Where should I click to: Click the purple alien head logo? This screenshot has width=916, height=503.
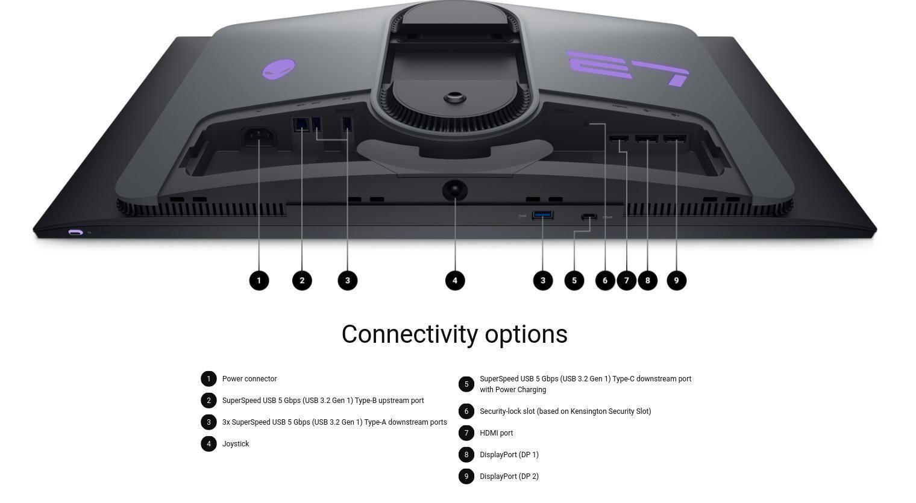(x=279, y=69)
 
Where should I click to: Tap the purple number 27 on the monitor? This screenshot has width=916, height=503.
(x=628, y=68)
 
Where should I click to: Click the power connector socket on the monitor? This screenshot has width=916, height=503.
(x=259, y=137)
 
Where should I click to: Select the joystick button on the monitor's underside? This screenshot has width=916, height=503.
(x=455, y=190)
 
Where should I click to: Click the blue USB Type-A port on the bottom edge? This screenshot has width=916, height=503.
(x=542, y=215)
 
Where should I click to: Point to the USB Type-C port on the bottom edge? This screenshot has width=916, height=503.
(x=589, y=217)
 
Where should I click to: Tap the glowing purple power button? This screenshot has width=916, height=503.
(x=76, y=233)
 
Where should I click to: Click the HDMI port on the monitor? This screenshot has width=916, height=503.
(x=619, y=139)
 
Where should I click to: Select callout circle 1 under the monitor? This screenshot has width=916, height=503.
(x=259, y=281)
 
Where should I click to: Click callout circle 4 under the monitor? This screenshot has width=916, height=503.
(x=455, y=281)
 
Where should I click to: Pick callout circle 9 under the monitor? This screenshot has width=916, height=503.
(x=676, y=281)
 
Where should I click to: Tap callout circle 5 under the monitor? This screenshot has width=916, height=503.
(x=574, y=281)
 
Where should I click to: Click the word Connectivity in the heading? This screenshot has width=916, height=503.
(x=410, y=334)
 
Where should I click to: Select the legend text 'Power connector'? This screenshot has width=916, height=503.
(x=249, y=379)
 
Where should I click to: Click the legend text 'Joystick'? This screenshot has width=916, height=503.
(x=236, y=444)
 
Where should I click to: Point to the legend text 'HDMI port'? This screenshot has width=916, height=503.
(x=496, y=433)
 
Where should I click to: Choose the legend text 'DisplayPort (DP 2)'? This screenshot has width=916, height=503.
(x=509, y=476)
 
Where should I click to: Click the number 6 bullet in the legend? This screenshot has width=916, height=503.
(x=466, y=411)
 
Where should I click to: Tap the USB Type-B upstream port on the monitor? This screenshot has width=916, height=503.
(x=301, y=125)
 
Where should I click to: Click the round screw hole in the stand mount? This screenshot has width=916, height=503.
(x=455, y=98)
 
